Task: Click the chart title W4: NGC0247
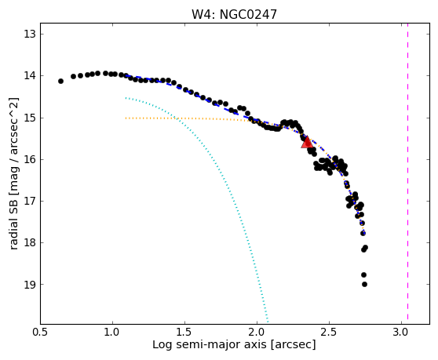point(234,15)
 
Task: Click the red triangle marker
point(307,142)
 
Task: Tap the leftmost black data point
point(60,82)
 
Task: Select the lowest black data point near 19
point(364,285)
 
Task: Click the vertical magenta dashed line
point(407,172)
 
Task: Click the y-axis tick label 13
point(30,35)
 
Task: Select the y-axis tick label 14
point(30,75)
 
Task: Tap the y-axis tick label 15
point(30,118)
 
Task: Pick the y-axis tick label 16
point(30,160)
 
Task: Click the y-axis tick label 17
point(30,201)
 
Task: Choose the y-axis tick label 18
point(30,242)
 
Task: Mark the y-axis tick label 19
point(30,285)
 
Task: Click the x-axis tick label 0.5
point(40,333)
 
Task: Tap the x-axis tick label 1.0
point(112,333)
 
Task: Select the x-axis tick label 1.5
point(184,333)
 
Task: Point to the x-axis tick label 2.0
point(257,333)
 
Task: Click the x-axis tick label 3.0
point(401,333)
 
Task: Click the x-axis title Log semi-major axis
point(210,345)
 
